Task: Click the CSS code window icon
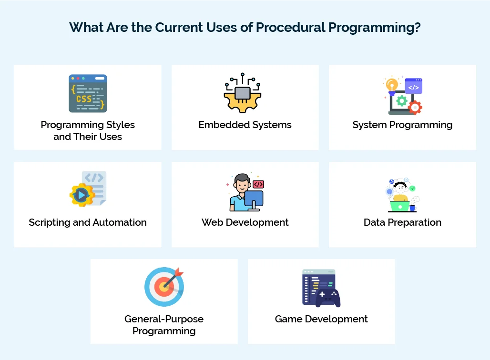pos(88,93)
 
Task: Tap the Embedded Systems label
pos(245,125)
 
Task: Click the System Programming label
pos(402,125)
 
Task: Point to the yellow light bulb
pos(392,85)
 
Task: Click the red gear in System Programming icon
pos(415,108)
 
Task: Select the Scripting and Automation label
pos(88,222)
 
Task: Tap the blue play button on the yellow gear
pos(82,194)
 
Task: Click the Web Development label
pos(245,222)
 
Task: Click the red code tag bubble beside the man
pos(258,184)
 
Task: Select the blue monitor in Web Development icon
pos(254,199)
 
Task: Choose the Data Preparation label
pos(402,222)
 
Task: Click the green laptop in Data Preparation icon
pos(399,206)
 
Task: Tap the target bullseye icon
pos(163,287)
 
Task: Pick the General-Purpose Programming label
pos(164,325)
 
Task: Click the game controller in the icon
pos(328,297)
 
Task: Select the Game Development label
pos(321,319)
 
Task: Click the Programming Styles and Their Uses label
pos(88,130)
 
